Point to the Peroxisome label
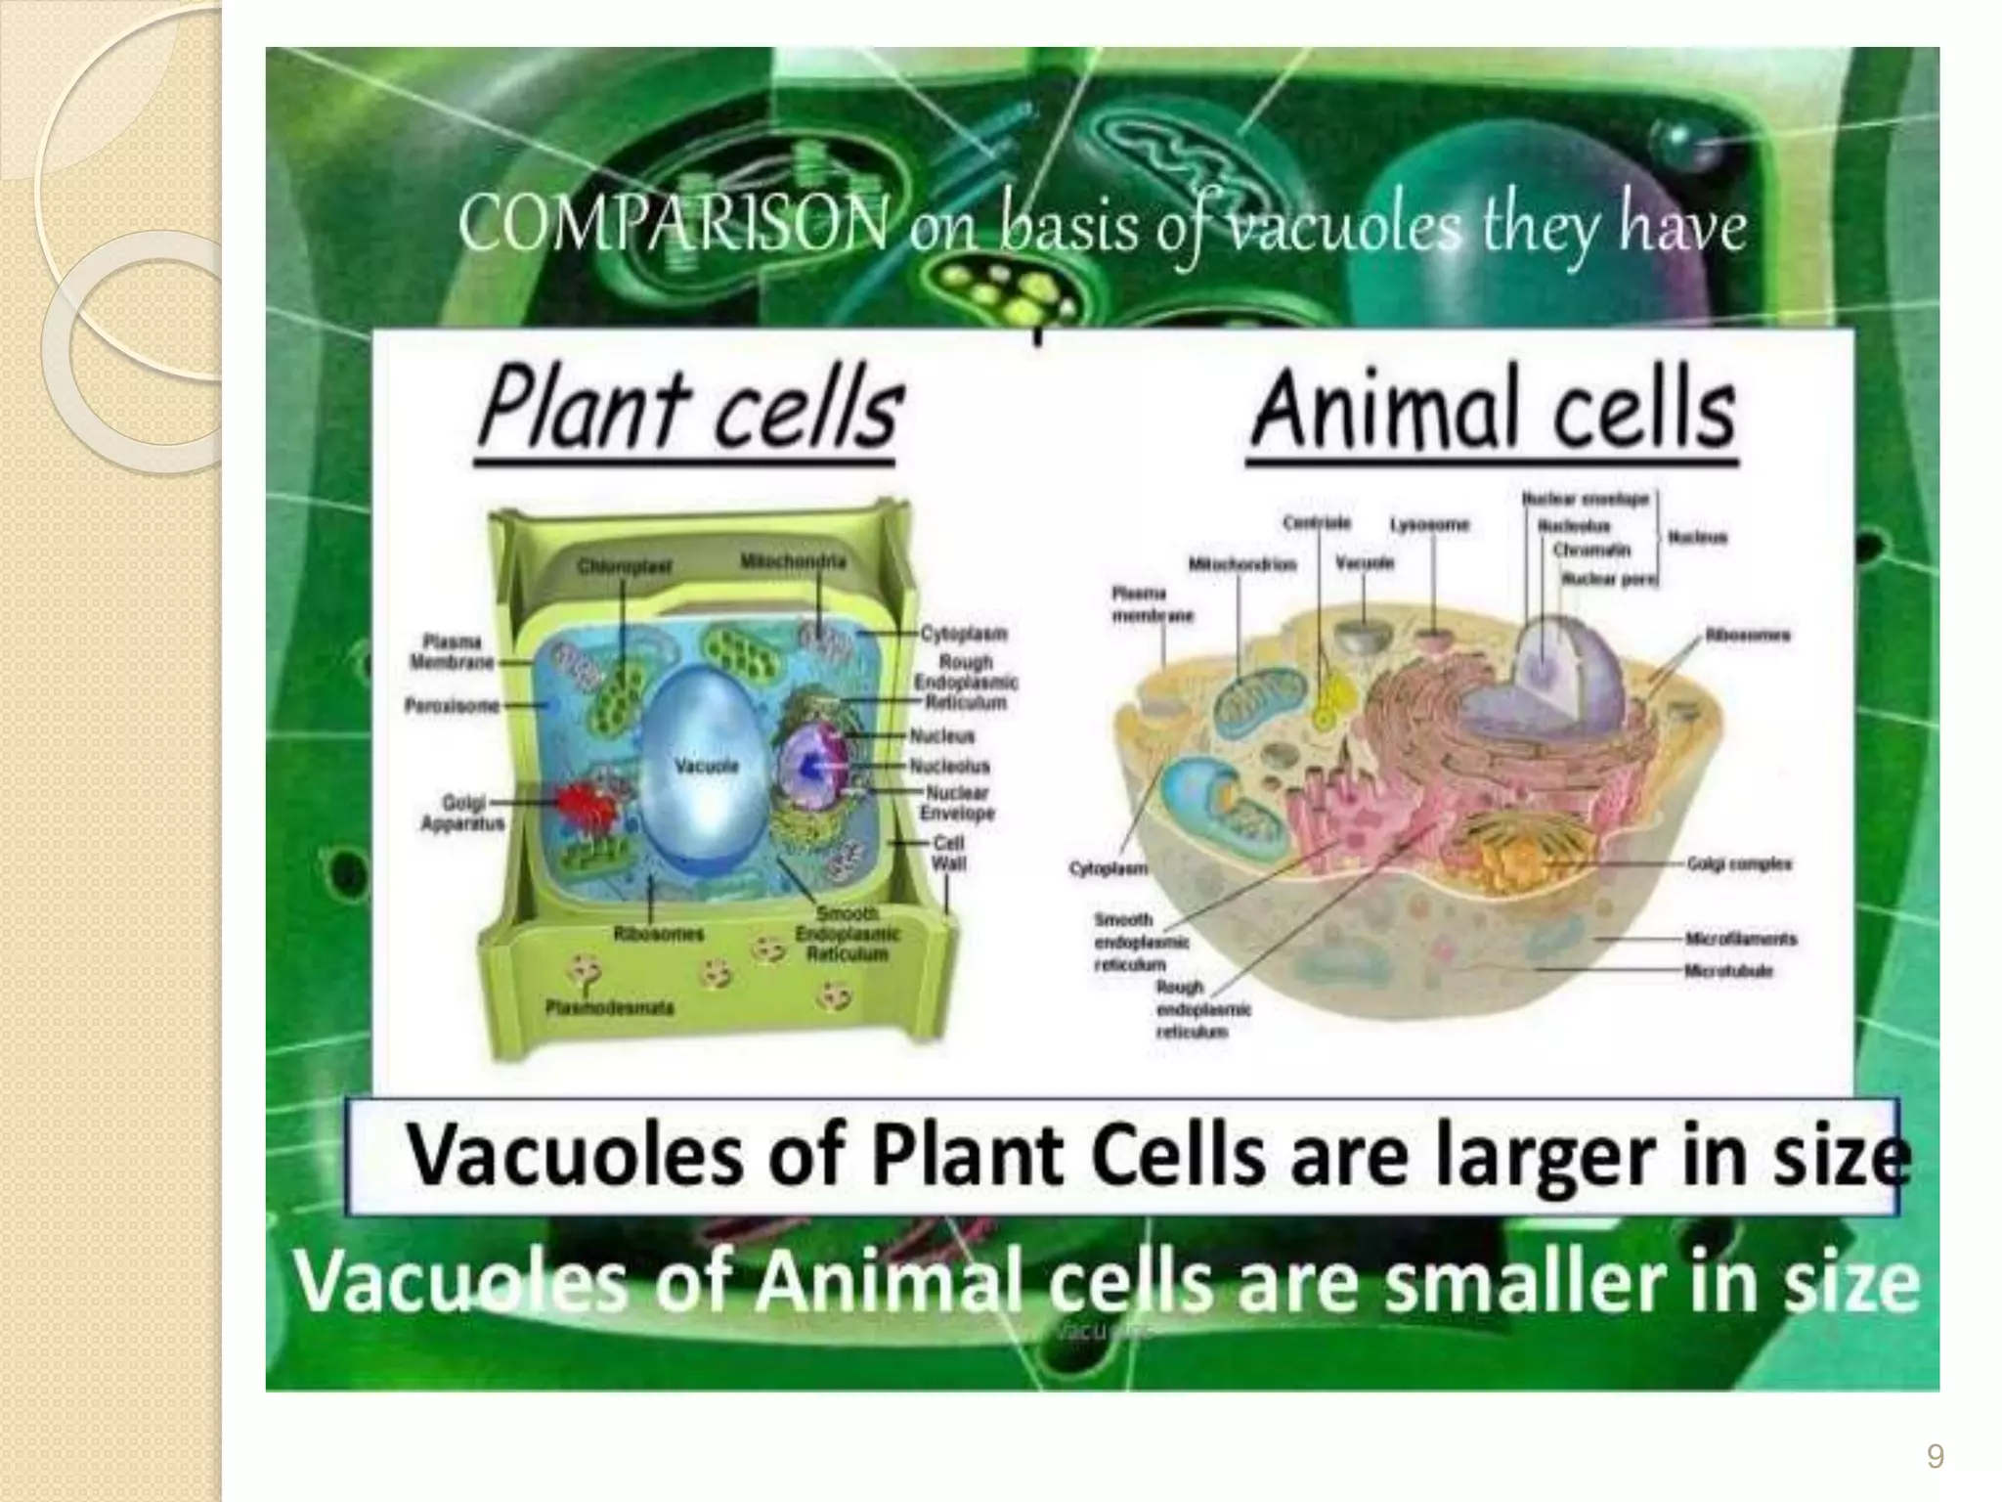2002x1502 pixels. coord(452,705)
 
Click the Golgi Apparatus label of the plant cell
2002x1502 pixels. coord(462,813)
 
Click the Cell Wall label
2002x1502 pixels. coord(948,853)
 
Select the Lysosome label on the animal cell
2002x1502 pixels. coord(1429,525)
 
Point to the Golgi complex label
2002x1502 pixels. coord(1739,864)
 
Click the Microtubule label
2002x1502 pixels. coord(1728,971)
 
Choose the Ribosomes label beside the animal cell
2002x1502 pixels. coord(1748,636)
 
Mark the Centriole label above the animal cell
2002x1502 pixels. coord(1317,524)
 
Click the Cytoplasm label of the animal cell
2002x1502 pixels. coord(1109,868)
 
